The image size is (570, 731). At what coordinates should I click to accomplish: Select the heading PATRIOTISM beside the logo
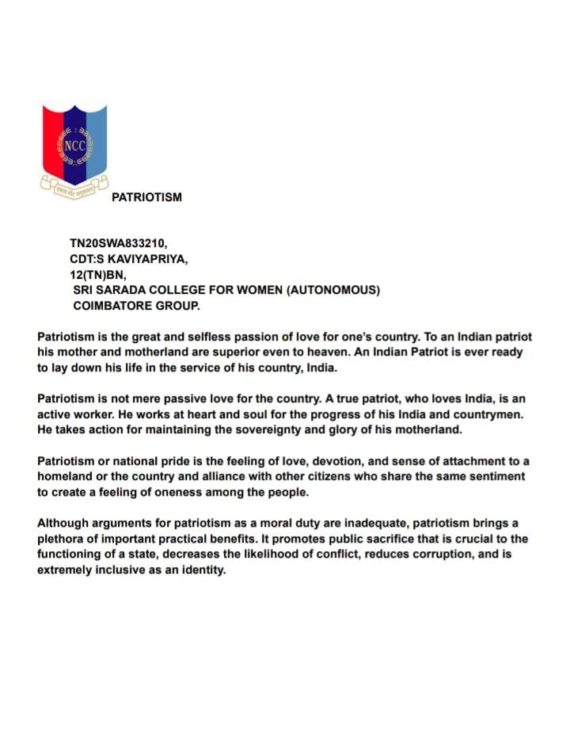point(146,197)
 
